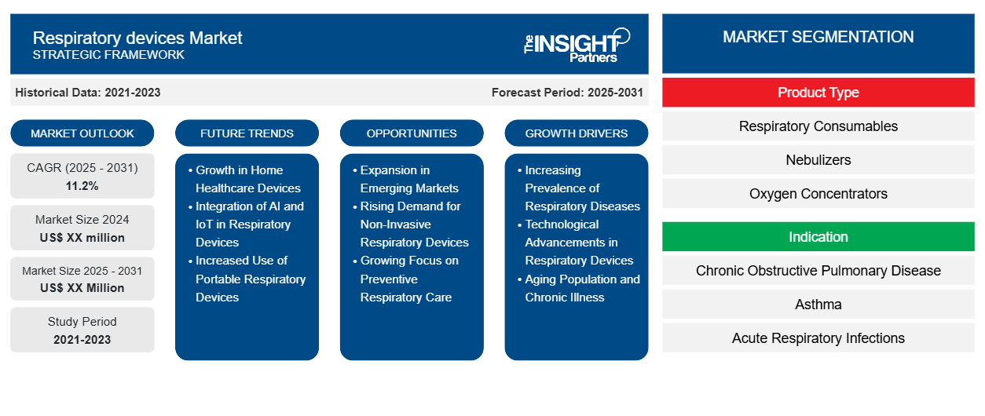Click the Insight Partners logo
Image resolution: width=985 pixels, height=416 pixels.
tap(577, 44)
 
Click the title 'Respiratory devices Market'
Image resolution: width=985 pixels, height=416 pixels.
tap(137, 38)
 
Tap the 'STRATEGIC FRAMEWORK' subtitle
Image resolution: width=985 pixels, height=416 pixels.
tap(108, 55)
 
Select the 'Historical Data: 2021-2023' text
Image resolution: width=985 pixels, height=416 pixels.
tap(88, 93)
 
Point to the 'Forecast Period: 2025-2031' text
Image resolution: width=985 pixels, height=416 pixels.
tap(567, 93)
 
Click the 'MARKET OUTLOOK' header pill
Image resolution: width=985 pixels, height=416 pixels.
tap(82, 133)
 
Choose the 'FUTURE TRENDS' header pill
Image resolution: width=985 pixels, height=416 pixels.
tap(247, 133)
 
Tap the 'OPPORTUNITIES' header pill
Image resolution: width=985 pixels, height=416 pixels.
tap(412, 133)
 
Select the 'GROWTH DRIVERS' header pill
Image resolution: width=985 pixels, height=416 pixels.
tap(577, 133)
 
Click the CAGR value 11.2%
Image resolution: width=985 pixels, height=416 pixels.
tap(82, 186)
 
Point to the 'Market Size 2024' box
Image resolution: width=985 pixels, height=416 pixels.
tap(82, 228)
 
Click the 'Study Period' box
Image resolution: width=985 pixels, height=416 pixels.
tap(82, 330)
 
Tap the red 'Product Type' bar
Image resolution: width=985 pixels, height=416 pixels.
tap(818, 93)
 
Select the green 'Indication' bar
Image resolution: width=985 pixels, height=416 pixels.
tap(818, 237)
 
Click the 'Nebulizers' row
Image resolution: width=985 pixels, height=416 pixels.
tap(818, 160)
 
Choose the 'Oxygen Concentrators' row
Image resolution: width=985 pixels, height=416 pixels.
tap(818, 194)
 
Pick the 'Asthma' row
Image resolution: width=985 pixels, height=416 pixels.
tap(818, 305)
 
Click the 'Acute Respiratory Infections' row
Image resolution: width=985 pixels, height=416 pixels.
tap(818, 338)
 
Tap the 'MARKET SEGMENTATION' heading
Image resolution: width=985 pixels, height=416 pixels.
tap(818, 37)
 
